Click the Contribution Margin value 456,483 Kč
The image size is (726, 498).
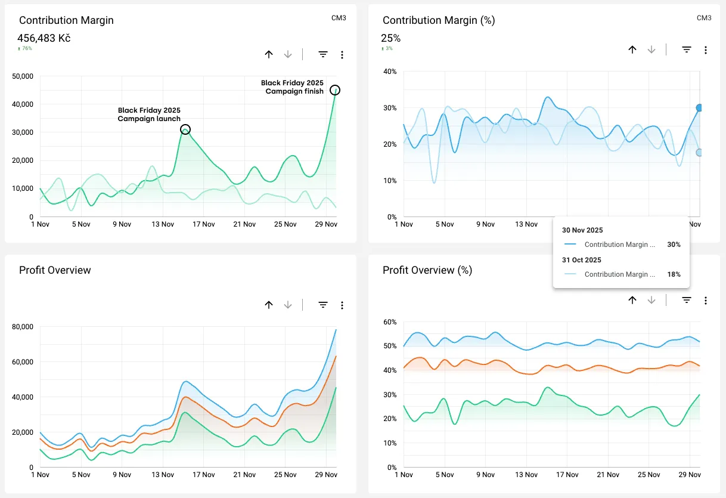click(45, 38)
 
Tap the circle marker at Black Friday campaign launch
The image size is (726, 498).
click(185, 129)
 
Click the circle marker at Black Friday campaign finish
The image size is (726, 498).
click(335, 90)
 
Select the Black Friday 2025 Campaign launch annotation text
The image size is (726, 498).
click(149, 115)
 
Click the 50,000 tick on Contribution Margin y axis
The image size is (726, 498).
click(23, 76)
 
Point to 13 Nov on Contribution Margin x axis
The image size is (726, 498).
click(163, 224)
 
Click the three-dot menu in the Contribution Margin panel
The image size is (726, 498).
click(342, 55)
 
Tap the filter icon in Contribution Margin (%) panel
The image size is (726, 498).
click(687, 50)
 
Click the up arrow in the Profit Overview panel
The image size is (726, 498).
click(269, 305)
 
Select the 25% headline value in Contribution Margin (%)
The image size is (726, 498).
click(391, 38)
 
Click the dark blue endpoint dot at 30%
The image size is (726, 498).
click(700, 108)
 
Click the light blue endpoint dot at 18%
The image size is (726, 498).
click(700, 153)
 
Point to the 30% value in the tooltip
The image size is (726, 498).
click(674, 245)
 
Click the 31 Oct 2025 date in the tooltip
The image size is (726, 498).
click(582, 260)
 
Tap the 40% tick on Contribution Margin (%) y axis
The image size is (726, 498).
click(390, 72)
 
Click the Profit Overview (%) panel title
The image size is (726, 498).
click(427, 270)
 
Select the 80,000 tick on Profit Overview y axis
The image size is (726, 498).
click(23, 327)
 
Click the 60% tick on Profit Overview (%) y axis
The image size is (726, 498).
click(390, 322)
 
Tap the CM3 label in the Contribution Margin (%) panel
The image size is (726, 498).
click(704, 18)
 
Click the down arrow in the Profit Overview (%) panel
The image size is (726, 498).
click(651, 301)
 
